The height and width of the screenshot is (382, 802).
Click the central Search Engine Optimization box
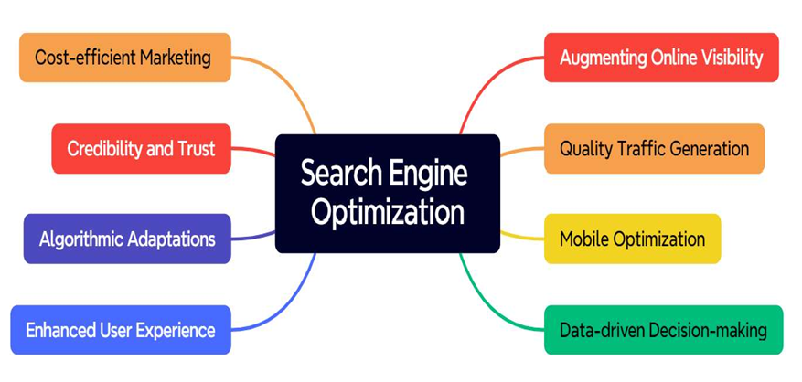tap(387, 194)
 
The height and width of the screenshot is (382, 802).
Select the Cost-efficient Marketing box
tap(124, 58)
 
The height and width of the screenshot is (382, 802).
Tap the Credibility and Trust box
tap(141, 148)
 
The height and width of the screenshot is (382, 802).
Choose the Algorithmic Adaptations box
tap(127, 239)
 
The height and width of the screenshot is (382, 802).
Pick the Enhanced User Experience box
tap(121, 330)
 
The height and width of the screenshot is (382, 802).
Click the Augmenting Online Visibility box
tap(661, 58)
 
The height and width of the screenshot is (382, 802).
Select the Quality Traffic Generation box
tap(654, 148)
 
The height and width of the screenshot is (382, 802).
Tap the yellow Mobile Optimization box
tap(632, 239)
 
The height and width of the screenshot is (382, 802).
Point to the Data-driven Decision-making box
tap(663, 330)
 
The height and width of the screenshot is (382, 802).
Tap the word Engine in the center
tap(427, 174)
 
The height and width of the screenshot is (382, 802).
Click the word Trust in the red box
tap(196, 149)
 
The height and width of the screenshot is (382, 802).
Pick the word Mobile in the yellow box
tap(584, 239)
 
